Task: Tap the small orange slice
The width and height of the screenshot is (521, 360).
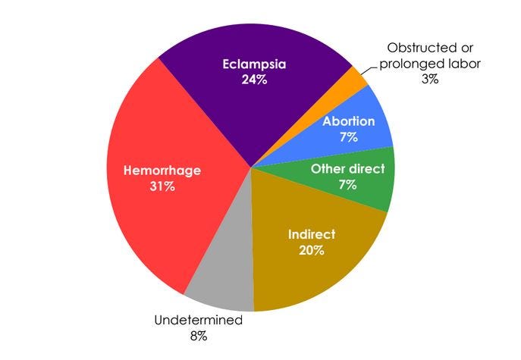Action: pos(356,79)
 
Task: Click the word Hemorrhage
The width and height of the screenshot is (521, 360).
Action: pos(162,171)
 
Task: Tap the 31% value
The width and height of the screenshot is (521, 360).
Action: pos(162,186)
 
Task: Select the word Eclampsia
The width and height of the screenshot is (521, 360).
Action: pos(256,64)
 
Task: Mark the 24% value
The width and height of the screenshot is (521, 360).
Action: pos(256,80)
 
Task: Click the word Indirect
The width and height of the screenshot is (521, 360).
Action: pos(312,233)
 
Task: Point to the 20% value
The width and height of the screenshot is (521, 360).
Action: pos(312,249)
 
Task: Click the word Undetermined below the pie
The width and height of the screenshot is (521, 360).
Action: pos(199,321)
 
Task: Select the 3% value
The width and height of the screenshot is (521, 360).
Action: pos(429,78)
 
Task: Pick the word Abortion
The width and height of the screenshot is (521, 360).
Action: pos(350,121)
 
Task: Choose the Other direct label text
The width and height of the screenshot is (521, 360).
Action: pos(348,168)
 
